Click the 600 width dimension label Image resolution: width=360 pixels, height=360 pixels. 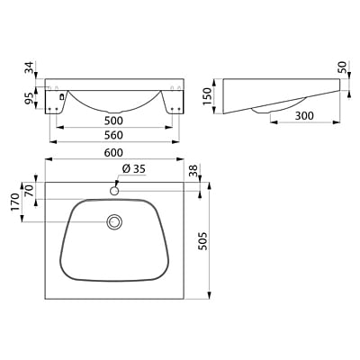[113, 153]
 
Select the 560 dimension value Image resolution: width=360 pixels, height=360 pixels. [113, 135]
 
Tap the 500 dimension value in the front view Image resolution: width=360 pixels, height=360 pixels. [113, 121]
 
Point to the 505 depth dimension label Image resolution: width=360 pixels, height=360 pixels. [203, 241]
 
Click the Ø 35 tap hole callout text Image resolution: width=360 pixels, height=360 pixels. [134, 169]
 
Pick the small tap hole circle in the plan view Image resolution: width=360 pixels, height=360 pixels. [114, 191]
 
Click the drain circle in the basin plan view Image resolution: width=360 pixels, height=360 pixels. [114, 222]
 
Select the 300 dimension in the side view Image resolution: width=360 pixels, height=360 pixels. [304, 115]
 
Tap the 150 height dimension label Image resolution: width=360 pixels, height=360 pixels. [207, 96]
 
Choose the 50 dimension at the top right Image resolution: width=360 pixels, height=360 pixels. [343, 67]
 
